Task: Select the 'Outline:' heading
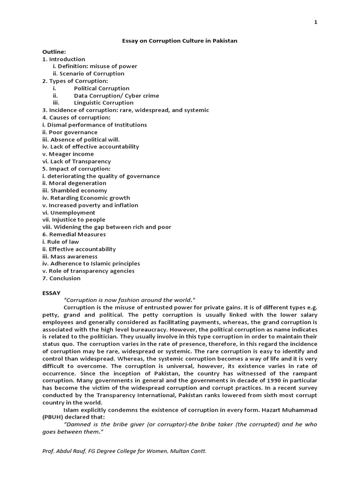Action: point(54,52)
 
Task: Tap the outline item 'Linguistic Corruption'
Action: point(103,103)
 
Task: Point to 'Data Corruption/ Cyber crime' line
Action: point(116,96)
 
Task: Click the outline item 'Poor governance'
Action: point(70,132)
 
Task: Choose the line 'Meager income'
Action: point(68,154)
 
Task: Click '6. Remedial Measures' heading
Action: point(74,234)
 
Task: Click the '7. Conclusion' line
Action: point(61,278)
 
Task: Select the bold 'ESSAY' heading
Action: point(51,293)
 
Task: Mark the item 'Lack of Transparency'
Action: point(76,161)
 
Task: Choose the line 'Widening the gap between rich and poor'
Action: point(106,227)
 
